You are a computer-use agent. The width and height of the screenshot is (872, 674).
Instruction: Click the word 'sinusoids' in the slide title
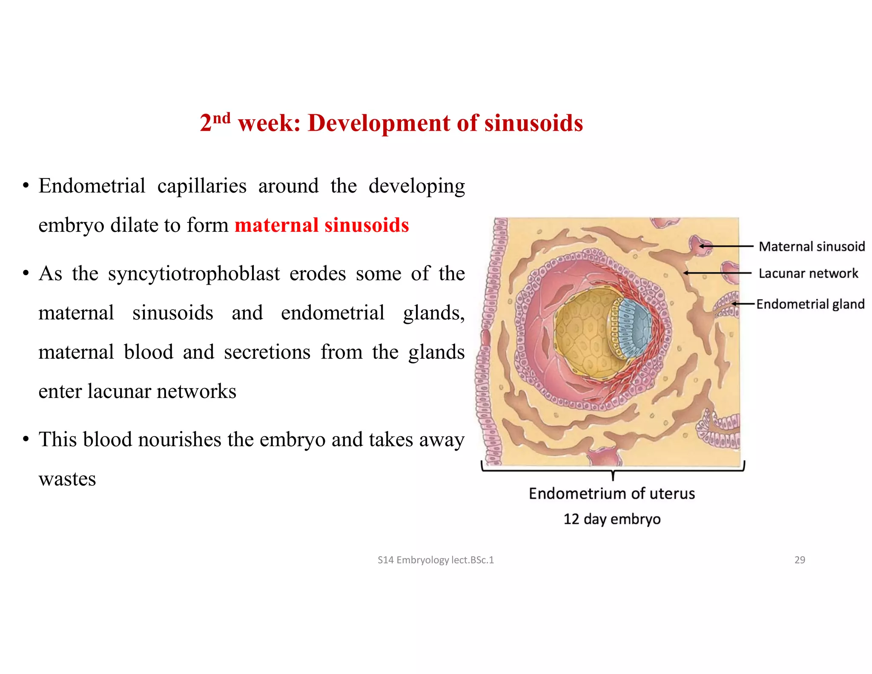[x=533, y=123]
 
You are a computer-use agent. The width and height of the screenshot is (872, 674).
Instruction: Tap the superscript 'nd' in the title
[x=221, y=118]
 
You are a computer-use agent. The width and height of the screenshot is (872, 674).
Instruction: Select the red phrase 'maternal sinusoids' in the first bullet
[x=321, y=225]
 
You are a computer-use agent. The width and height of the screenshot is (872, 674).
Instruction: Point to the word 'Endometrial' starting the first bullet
[x=92, y=186]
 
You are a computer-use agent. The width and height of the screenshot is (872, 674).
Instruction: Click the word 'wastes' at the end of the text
[x=67, y=479]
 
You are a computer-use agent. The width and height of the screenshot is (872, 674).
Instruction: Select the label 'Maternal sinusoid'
[x=812, y=246]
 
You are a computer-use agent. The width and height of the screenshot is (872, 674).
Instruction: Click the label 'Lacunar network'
[x=808, y=273]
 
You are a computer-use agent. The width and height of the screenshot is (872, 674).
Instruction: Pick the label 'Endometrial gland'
[x=810, y=304]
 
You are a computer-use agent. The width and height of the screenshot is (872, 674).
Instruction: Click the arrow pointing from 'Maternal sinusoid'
[x=726, y=246]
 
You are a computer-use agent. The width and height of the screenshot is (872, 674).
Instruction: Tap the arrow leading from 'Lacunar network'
[x=717, y=273]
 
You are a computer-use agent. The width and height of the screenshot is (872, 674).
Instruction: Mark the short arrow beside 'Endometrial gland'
[x=743, y=304]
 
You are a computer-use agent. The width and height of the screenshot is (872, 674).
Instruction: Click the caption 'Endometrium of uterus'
[x=612, y=493]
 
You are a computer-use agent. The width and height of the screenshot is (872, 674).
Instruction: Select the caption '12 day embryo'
[x=612, y=519]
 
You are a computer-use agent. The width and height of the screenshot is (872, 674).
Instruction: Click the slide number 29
[x=800, y=560]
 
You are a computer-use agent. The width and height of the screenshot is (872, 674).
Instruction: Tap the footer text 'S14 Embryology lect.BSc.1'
[x=436, y=560]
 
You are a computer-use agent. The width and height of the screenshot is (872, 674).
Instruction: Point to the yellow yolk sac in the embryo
[x=581, y=332]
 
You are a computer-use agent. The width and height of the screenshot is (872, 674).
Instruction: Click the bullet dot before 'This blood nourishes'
[x=26, y=439]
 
